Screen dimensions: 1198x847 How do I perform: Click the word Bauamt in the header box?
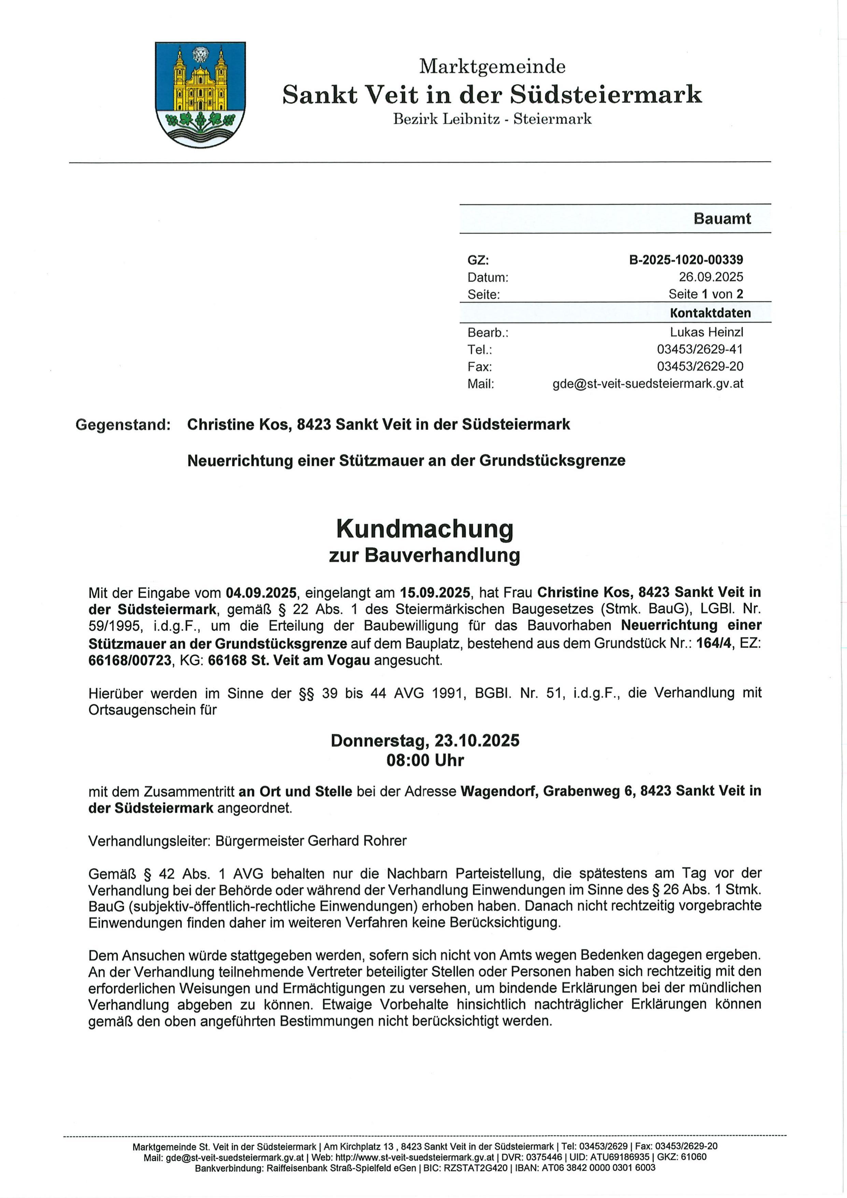pos(722,219)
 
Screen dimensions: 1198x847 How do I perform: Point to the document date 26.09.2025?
pos(710,277)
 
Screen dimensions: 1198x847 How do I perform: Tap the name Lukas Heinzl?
pos(706,332)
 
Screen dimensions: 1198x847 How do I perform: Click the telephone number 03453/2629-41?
pos(700,349)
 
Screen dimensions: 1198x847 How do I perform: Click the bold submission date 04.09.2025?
pos(261,593)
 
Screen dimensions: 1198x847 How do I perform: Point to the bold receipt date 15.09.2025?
pos(435,593)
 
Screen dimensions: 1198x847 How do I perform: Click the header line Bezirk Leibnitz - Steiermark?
pos(492,119)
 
